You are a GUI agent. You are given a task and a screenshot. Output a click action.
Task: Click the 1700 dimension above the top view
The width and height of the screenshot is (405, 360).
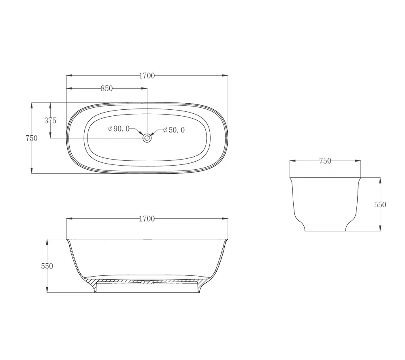pyautogui.click(x=147, y=76)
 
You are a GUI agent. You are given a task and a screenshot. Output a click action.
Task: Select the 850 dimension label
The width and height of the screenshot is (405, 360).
pyautogui.click(x=107, y=88)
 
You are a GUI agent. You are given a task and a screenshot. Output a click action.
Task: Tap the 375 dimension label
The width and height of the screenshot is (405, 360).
pyautogui.click(x=50, y=120)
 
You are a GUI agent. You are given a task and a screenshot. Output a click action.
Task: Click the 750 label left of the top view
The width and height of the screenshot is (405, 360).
pyautogui.click(x=32, y=138)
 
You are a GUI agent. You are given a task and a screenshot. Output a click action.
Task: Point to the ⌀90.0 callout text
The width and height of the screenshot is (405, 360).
pyautogui.click(x=119, y=129)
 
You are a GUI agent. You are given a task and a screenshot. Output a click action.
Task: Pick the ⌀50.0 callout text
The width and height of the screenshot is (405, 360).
pyautogui.click(x=174, y=130)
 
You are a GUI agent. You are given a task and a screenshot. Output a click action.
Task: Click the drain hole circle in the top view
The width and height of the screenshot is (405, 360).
pyautogui.click(x=147, y=138)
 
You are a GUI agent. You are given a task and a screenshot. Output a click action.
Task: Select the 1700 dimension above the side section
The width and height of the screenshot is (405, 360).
pyautogui.click(x=147, y=219)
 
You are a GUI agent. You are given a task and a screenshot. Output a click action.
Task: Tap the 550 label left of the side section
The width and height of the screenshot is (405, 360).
pyautogui.click(x=47, y=266)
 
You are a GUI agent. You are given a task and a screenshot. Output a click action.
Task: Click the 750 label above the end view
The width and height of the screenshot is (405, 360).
pyautogui.click(x=325, y=161)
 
